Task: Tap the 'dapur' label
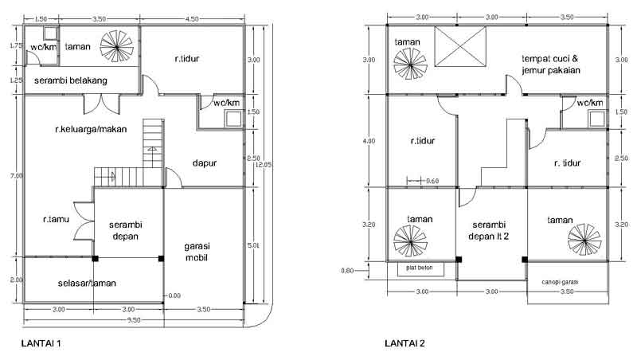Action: tap(205, 163)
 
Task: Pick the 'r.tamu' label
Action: tap(57, 217)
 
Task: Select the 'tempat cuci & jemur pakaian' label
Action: tap(550, 65)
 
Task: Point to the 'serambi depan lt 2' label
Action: tap(490, 230)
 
